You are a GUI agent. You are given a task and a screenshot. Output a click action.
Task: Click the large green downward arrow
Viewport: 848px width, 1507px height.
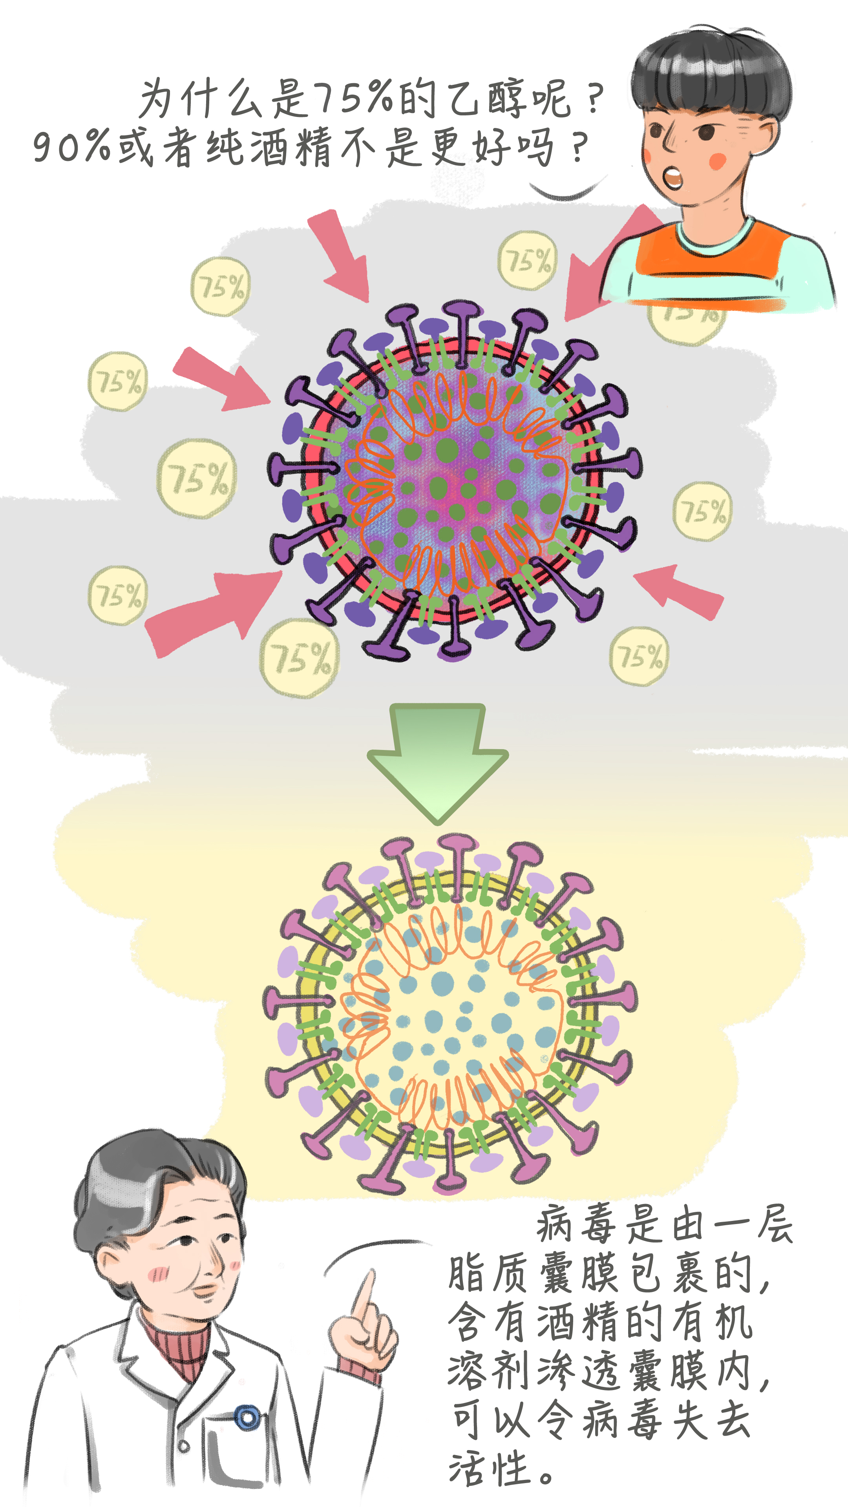437,761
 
